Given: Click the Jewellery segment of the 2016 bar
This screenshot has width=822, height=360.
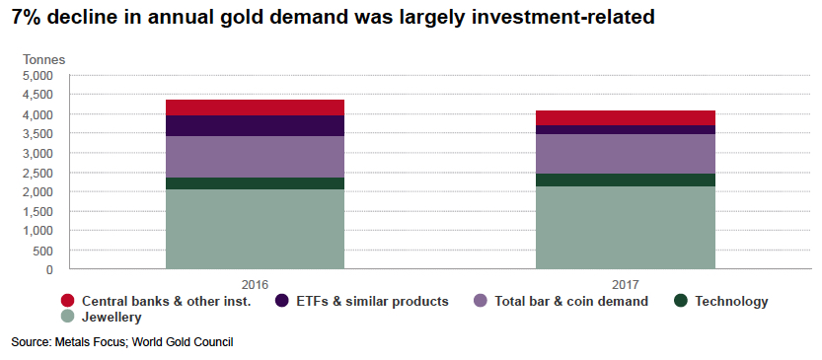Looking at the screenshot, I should coord(255,229).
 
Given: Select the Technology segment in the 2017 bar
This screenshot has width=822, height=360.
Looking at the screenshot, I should coord(625,180).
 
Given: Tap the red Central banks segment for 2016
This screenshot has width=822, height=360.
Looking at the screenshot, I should coord(255,108).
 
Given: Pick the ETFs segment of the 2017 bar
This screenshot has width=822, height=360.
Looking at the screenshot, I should coord(625,130).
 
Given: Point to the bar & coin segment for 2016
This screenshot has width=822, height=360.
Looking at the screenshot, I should coord(255,157).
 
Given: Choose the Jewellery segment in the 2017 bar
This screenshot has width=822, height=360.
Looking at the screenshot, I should coord(625,227).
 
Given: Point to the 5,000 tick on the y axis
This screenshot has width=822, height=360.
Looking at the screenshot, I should coord(37,76).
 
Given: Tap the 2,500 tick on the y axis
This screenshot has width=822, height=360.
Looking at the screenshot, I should coord(37,173).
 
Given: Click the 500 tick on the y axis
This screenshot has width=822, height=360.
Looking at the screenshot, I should coord(42,250).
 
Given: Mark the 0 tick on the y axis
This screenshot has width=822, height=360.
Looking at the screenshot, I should coord(48,269).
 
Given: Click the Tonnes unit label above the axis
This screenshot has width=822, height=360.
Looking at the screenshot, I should coord(43,59).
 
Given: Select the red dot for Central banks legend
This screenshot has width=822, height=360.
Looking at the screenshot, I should coord(67,301).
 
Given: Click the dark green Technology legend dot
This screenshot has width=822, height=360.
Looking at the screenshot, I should coord(681,301).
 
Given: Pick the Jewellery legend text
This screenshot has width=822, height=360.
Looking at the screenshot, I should coord(112,318).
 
